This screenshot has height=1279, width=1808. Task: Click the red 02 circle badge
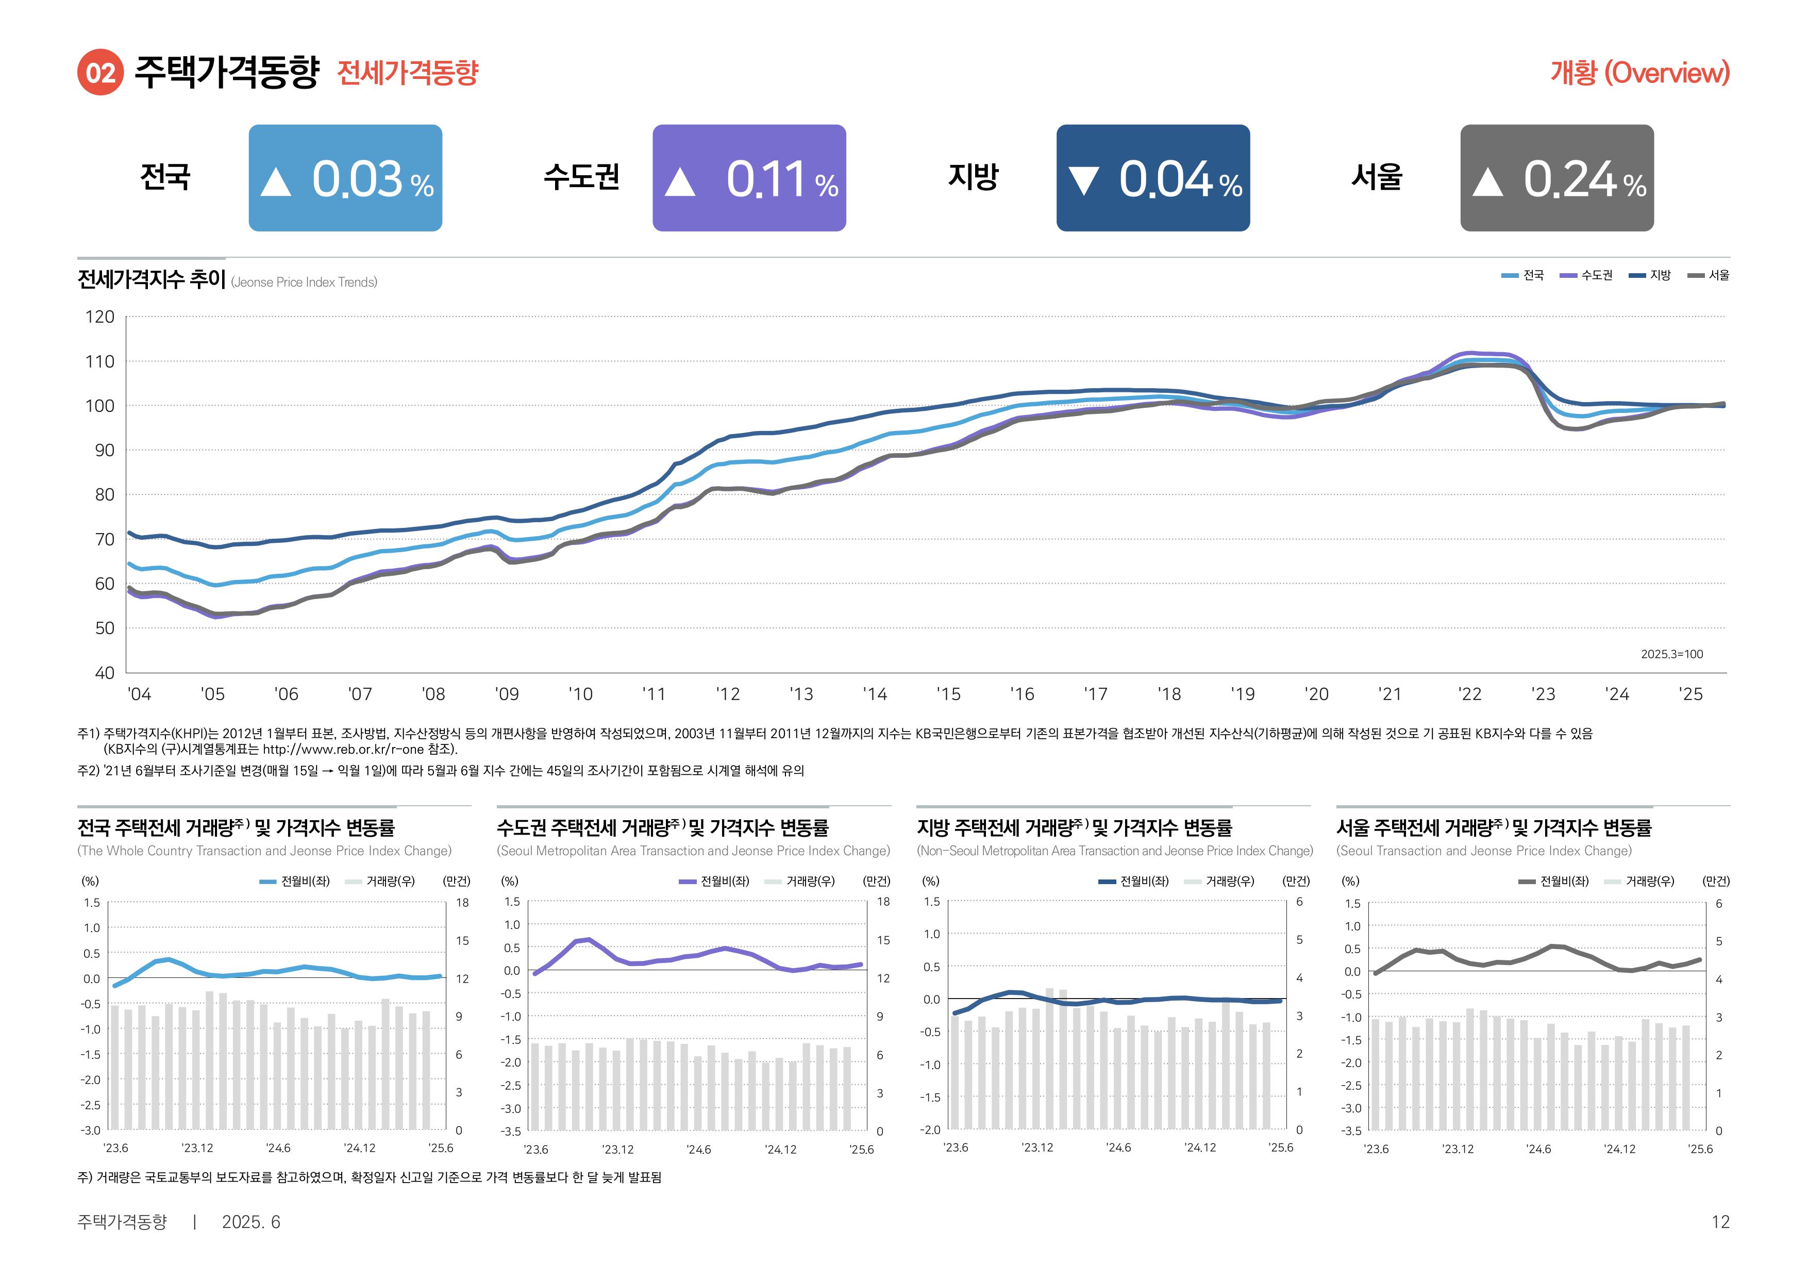tap(100, 73)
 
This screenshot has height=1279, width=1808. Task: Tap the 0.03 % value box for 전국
tap(345, 178)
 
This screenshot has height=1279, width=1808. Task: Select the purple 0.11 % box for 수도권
tap(749, 178)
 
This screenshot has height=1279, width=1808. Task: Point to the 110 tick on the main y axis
tap(100, 361)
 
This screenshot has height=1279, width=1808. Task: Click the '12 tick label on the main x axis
tap(728, 694)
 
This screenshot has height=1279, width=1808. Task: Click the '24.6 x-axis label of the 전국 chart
tap(278, 1148)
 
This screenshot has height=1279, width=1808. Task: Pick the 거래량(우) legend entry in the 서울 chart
tap(1649, 881)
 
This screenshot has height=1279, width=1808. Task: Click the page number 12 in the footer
tap(1720, 1221)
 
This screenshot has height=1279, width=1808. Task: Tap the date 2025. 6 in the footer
tap(250, 1221)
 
